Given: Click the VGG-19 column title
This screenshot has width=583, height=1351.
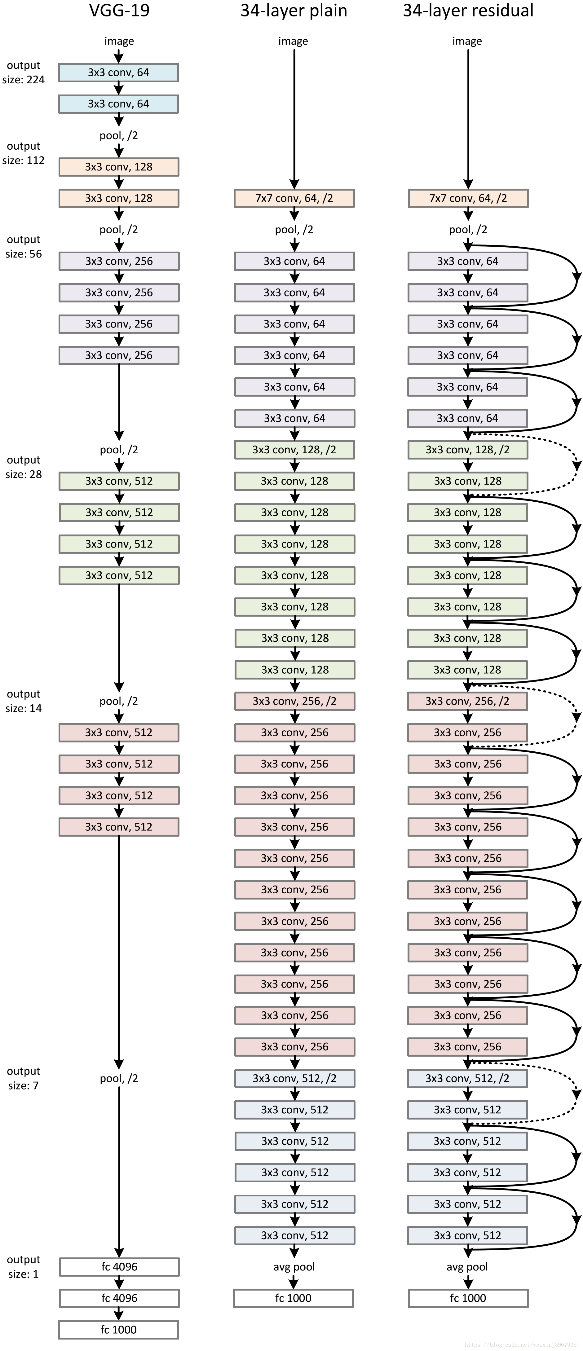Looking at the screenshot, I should [119, 11].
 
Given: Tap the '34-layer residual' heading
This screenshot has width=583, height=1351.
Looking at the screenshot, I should [468, 11].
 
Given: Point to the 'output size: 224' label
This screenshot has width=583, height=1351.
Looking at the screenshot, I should [24, 73].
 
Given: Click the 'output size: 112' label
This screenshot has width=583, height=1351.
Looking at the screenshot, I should [24, 153].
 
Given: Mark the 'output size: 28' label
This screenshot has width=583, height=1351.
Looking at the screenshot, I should [24, 467].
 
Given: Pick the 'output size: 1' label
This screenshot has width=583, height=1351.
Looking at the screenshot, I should [24, 1267].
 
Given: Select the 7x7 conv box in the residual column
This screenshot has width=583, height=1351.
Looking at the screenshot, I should [468, 198].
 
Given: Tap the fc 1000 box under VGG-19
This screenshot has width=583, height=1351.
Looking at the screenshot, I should [119, 1330].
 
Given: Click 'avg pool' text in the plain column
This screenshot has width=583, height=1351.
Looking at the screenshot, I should [294, 1267].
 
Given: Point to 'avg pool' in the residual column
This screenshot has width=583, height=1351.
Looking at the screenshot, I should [467, 1267].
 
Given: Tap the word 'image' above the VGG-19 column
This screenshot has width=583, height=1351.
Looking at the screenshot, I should [119, 41].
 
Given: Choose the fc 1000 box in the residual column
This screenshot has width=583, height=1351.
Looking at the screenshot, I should [468, 1298].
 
